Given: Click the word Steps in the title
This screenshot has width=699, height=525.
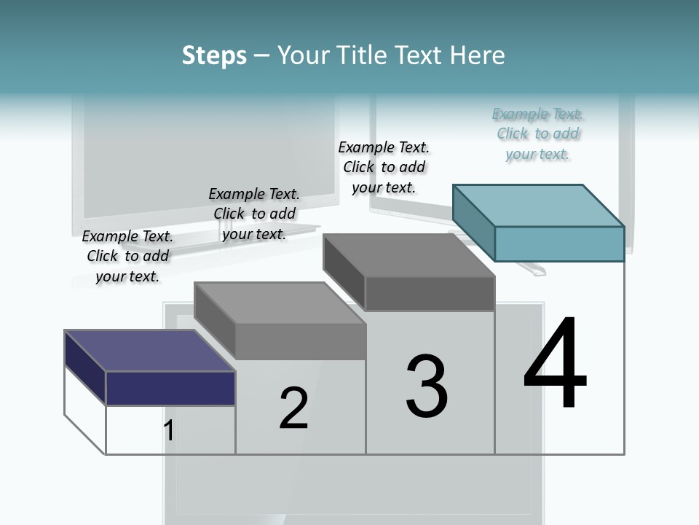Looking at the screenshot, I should coord(214,55).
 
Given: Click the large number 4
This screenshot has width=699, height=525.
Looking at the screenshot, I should coord(555,365).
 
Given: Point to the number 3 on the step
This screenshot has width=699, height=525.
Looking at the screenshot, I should coord(427,386).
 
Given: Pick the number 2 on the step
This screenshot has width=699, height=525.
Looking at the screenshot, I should coord(293,408).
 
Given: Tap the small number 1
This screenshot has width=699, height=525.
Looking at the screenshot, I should coord(169,431).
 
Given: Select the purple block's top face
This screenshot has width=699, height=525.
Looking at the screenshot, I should coord(149,351).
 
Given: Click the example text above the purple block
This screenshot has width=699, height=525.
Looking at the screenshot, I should coord(127,256).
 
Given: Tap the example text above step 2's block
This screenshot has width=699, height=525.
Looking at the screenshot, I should coord(254,214).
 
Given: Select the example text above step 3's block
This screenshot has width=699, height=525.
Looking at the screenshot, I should coord(384,167).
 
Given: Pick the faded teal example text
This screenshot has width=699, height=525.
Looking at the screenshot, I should coord(538,133).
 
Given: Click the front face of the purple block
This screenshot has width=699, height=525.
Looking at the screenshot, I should coord(170,388).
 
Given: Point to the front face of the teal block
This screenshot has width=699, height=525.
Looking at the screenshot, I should coord(559,244).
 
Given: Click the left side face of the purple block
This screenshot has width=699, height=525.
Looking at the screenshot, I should coord(85,367).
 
